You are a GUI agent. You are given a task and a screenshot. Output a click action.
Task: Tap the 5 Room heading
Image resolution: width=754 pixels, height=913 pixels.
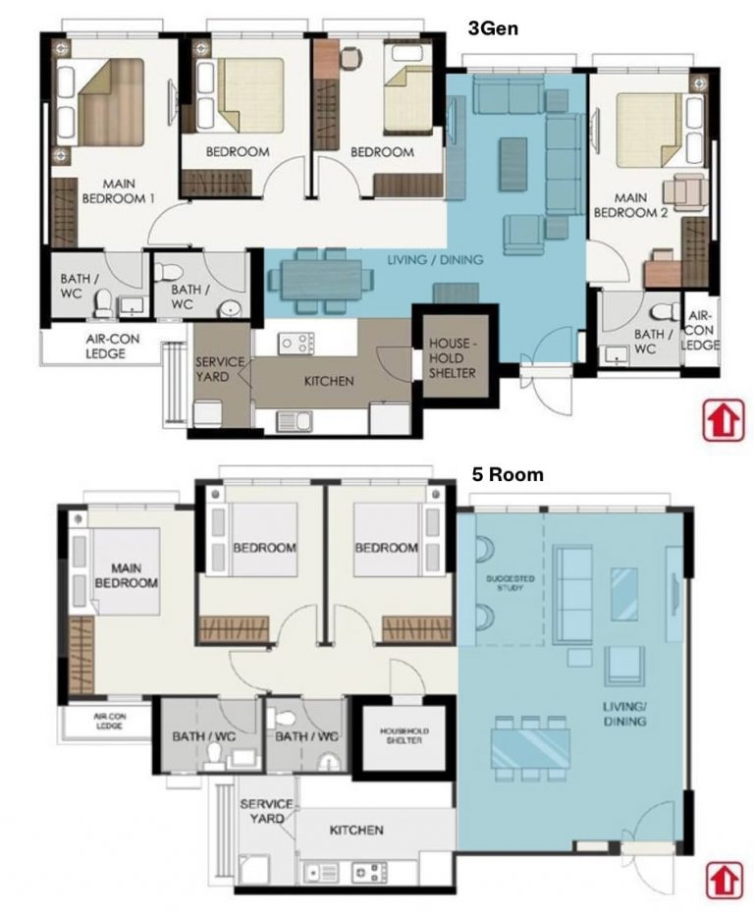[x=506, y=474]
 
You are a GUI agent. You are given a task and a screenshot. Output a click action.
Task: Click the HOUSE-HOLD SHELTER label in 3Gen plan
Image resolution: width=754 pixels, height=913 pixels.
[x=453, y=358]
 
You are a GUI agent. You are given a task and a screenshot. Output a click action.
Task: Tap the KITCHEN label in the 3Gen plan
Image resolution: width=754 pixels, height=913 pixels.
[x=328, y=381]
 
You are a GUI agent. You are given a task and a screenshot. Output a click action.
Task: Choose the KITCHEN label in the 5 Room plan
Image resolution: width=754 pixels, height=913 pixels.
[x=356, y=830]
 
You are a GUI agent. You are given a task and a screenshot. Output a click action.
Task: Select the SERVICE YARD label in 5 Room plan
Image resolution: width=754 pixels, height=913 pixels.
[x=266, y=811]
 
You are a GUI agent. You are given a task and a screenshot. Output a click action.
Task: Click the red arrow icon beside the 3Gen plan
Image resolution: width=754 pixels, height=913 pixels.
[x=721, y=421]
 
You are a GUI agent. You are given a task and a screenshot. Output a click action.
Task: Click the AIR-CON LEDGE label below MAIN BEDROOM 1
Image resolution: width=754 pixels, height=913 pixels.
[x=99, y=347]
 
